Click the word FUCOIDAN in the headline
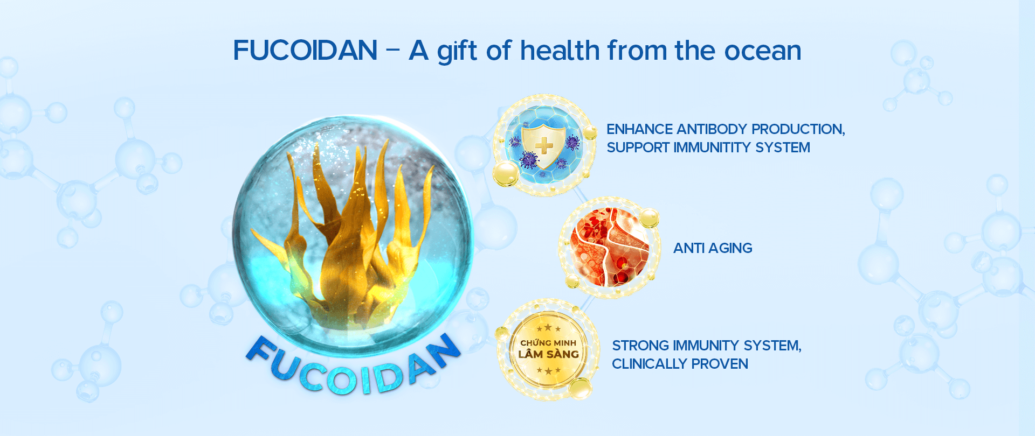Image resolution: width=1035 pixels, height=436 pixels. [305, 51]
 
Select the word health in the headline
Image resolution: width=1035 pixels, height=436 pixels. [560, 51]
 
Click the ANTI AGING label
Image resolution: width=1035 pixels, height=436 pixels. [713, 248]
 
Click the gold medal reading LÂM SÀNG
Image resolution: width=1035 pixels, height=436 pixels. [548, 349]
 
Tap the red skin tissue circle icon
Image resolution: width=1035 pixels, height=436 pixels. [609, 248]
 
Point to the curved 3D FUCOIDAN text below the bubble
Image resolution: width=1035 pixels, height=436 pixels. [353, 367]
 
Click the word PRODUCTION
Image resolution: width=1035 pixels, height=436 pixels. [798, 129]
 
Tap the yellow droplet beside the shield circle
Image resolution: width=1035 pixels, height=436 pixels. [506, 174]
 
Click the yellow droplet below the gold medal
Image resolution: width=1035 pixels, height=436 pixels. [580, 389]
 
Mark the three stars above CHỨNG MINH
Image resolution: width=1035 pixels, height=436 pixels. [548, 328]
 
